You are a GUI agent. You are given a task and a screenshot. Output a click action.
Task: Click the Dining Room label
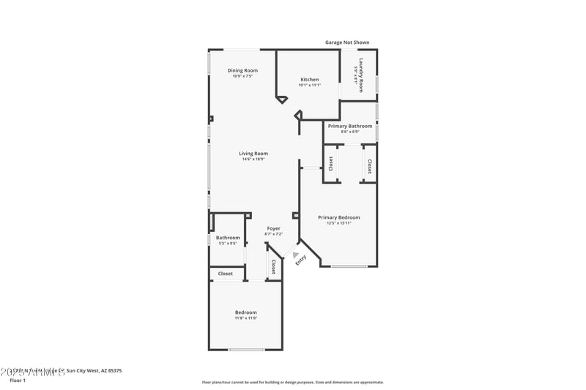coord(242,70)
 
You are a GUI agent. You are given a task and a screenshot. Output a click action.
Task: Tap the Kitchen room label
coord(309,79)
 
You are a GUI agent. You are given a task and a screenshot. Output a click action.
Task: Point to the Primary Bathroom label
coord(349,126)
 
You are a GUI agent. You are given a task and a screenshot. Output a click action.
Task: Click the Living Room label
coord(253,154)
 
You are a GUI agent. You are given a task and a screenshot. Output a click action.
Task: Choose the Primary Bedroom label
coord(338,217)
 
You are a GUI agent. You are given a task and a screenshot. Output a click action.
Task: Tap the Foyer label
coord(273,228)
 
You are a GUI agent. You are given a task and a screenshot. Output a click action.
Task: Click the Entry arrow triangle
coord(296,255)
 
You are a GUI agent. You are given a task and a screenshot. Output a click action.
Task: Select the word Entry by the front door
coord(300,260)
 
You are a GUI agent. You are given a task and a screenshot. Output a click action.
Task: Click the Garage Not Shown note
coord(347,42)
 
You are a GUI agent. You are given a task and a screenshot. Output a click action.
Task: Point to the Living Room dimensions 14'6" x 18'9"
coord(253,160)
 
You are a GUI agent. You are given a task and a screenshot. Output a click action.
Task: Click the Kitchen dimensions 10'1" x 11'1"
coord(309,85)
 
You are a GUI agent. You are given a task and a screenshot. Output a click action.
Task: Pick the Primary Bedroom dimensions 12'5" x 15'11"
coord(338,223)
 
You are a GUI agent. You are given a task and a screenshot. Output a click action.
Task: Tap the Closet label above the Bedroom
coord(225,274)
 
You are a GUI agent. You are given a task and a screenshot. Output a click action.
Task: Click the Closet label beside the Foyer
coord(273,266)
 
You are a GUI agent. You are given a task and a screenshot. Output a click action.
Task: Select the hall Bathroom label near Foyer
coord(228,237)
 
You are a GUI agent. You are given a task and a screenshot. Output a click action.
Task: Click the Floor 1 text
coord(17,380)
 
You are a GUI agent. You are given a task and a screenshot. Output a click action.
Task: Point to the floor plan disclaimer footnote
coord(292,382)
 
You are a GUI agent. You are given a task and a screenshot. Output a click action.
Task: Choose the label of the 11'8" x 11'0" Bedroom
coord(245,312)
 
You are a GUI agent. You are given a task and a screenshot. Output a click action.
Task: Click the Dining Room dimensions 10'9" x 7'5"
coord(242,76)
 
